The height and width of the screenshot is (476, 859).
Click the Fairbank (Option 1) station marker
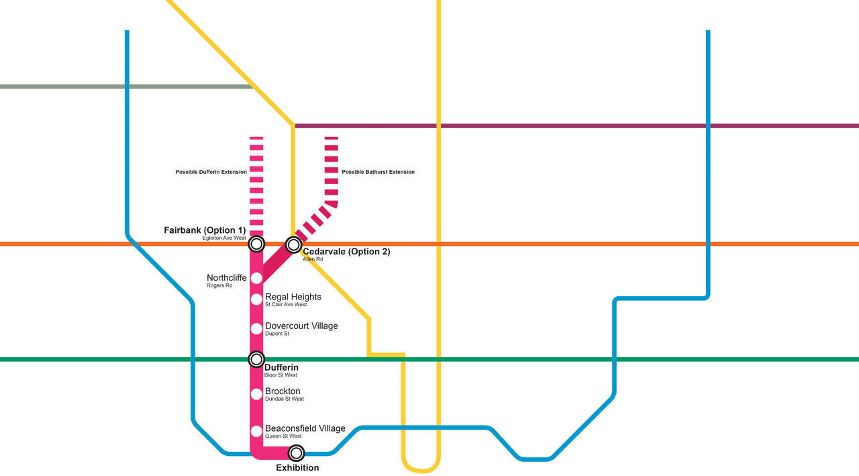point(256,244)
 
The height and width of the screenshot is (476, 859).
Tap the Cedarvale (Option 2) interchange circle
point(293,244)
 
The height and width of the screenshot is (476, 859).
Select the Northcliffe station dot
point(256,278)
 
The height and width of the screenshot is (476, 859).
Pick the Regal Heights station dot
point(256,299)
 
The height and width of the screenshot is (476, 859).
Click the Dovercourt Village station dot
point(256,328)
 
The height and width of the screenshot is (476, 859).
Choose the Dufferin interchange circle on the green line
point(256,359)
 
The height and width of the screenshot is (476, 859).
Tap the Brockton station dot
point(256,394)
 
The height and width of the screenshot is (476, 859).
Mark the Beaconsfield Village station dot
point(256,431)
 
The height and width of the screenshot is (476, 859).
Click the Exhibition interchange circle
point(296,453)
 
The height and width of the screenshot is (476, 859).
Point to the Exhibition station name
point(297,468)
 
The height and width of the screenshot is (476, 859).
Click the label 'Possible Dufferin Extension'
point(211,172)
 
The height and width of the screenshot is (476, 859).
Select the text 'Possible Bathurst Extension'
point(378,172)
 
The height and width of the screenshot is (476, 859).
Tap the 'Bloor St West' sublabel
point(281,375)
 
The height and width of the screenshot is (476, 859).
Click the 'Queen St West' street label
point(283,436)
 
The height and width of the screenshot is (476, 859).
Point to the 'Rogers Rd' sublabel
point(219,285)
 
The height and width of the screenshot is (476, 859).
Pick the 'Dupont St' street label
point(277,334)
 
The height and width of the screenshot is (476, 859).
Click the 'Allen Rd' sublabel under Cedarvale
point(313,259)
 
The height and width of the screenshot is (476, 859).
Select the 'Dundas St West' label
point(285,399)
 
